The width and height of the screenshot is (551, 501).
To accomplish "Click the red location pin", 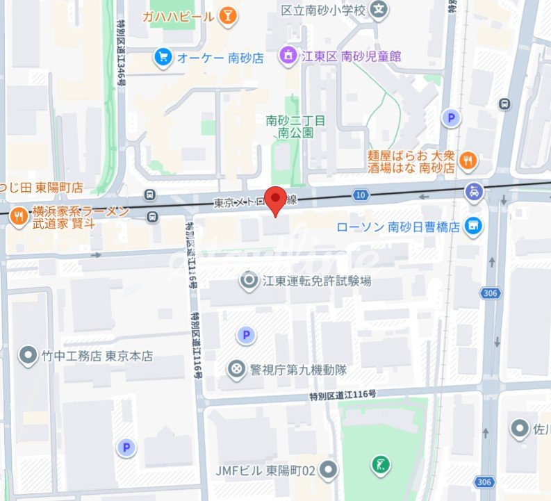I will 277,200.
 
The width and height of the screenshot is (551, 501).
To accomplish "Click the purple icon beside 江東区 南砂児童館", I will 286,55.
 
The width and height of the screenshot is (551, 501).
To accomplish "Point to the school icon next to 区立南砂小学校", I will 378,10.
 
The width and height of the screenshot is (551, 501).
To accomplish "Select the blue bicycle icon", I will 474,191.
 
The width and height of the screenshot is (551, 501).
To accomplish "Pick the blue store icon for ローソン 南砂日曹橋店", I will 473,226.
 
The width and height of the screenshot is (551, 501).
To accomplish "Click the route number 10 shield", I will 360,195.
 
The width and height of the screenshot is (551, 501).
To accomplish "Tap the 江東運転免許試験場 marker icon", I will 248,281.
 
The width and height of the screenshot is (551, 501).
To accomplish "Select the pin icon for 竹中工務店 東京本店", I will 28,356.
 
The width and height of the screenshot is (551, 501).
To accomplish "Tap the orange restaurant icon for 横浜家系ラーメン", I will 17,217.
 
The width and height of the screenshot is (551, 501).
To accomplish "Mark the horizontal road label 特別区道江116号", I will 343,394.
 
